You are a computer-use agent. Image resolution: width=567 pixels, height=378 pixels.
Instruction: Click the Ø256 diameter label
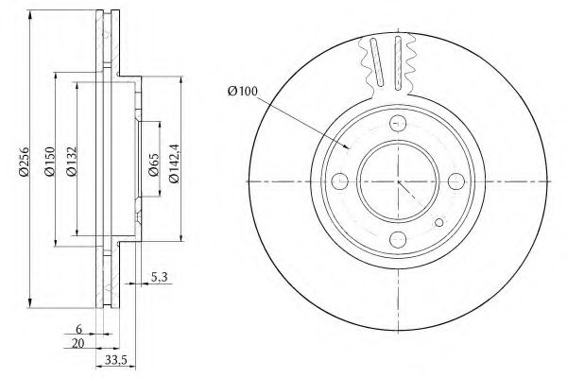25,162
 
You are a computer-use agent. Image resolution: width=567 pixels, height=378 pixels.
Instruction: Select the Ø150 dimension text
49,162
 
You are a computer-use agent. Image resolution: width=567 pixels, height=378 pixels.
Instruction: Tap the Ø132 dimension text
71,162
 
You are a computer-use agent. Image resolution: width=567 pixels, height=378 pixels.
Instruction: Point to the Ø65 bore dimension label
154,164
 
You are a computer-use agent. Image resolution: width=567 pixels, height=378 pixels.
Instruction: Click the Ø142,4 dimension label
174,163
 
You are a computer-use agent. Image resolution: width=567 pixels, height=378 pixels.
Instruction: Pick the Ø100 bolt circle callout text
242,91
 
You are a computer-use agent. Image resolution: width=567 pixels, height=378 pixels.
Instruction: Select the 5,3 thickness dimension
159,278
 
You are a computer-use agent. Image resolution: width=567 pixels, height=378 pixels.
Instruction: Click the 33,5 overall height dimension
115,360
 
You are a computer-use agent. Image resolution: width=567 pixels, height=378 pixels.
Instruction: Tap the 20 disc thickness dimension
77,343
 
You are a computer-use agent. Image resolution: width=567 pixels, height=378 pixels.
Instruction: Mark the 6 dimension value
78,329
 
